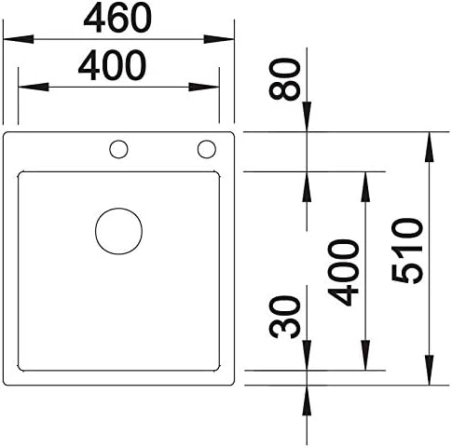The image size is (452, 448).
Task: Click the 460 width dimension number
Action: point(117,18)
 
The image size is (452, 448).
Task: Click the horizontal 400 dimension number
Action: point(112,65)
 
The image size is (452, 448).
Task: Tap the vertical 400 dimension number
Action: point(343,272)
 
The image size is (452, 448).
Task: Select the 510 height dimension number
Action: point(407,251)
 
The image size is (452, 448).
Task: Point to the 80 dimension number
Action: point(285,79)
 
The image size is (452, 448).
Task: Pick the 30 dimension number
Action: point(285,317)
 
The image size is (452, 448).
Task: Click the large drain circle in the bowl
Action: point(118,209)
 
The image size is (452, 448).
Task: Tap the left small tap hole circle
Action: point(118,141)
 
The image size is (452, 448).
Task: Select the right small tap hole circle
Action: point(207,141)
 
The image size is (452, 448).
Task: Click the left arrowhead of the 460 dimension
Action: point(18,39)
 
